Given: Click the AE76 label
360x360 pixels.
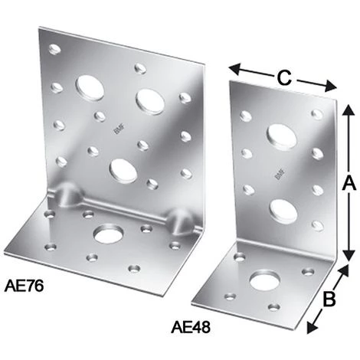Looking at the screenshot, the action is coord(24,286).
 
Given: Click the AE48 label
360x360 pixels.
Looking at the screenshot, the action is coord(191,327).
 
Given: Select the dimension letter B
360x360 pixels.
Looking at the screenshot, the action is coord(329,299).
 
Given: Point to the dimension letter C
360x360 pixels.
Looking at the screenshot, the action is coord(284,77).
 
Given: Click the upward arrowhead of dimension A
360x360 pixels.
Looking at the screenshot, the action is coord(349,110).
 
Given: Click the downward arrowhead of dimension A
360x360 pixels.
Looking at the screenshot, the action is coord(349,254).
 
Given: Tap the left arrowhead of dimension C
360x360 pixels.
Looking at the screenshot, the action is coord(235,69).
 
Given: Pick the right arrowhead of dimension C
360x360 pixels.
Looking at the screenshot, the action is coord(330,86).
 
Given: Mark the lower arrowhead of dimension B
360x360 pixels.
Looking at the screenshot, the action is coord(312,327).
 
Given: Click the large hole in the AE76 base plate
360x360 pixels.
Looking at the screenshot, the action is coord(109,234).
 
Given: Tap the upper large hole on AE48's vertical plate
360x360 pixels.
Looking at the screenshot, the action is coord(282,137).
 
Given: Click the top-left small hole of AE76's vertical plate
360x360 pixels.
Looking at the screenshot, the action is coord(54,48).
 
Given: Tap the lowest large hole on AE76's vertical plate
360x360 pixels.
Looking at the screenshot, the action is coord(123,171).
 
